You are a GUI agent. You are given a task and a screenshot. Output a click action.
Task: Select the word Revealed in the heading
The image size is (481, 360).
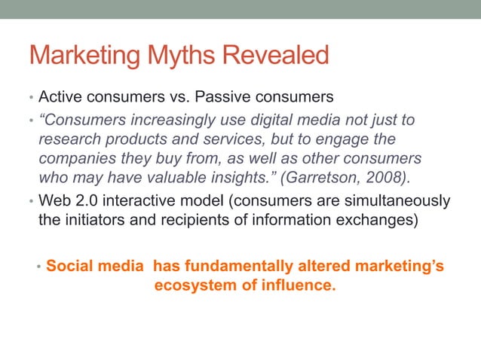point(276,55)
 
